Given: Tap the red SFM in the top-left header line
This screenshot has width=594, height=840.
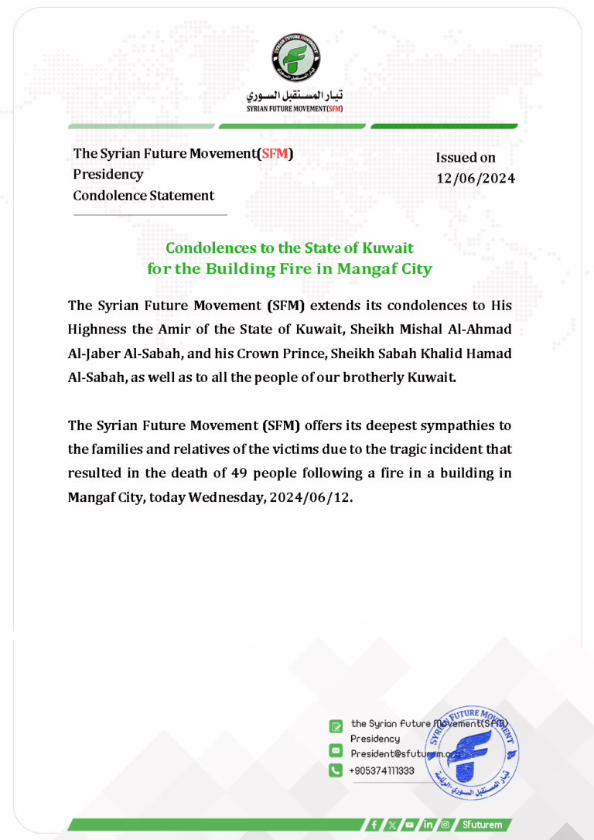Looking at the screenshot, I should tap(275, 154).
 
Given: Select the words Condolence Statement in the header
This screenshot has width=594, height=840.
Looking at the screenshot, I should tap(143, 196).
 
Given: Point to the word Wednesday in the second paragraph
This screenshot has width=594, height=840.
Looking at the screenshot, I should tap(224, 497).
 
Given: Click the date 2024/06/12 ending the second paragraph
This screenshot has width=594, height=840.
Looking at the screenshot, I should tap(310, 497).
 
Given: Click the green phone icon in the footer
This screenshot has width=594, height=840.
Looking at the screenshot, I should tap(336, 770).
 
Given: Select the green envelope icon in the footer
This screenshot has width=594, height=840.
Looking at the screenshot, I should tap(336, 750).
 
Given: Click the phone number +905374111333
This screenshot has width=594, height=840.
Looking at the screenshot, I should tap(382, 771).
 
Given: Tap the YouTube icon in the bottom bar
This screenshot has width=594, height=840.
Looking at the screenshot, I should tap(409, 825).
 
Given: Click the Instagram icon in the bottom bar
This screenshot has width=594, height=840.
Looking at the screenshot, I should tap(445, 825).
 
